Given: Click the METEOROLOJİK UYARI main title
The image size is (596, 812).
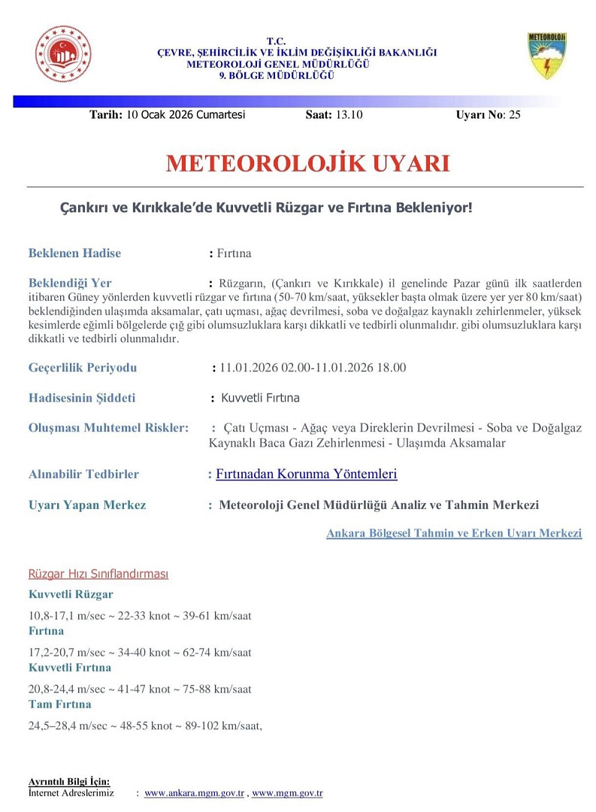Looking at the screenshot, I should pyautogui.click(x=307, y=164).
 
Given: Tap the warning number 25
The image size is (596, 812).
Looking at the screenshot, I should pyautogui.click(x=514, y=115).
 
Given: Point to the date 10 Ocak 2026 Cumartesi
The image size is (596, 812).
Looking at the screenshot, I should pyautogui.click(x=186, y=115).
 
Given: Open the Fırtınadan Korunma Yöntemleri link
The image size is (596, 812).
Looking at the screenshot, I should pyautogui.click(x=306, y=474).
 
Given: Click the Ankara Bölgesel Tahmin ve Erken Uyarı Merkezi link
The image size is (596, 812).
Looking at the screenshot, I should pyautogui.click(x=454, y=533).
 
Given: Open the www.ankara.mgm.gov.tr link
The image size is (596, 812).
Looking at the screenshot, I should pyautogui.click(x=195, y=793).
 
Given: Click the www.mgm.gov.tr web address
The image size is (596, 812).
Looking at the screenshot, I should pyautogui.click(x=287, y=793).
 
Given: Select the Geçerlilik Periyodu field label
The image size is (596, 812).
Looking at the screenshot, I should pyautogui.click(x=83, y=368).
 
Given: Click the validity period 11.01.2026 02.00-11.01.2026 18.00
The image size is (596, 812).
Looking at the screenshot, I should pyautogui.click(x=313, y=368).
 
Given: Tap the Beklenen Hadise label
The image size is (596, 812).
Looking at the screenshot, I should pyautogui.click(x=74, y=253).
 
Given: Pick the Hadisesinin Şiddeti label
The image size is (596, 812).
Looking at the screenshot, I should pyautogui.click(x=82, y=398).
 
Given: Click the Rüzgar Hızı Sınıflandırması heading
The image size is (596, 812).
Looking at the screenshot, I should pyautogui.click(x=98, y=574).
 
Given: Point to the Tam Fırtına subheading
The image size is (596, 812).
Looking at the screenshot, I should pyautogui.click(x=59, y=704).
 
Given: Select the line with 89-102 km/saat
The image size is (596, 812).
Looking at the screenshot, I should pyautogui.click(x=145, y=726).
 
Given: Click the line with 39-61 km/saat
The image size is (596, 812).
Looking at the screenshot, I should pyautogui.click(x=140, y=616).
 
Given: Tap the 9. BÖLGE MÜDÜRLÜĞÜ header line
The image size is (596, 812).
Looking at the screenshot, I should pyautogui.click(x=276, y=75).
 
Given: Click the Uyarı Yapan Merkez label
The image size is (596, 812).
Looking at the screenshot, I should pyautogui.click(x=87, y=505).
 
